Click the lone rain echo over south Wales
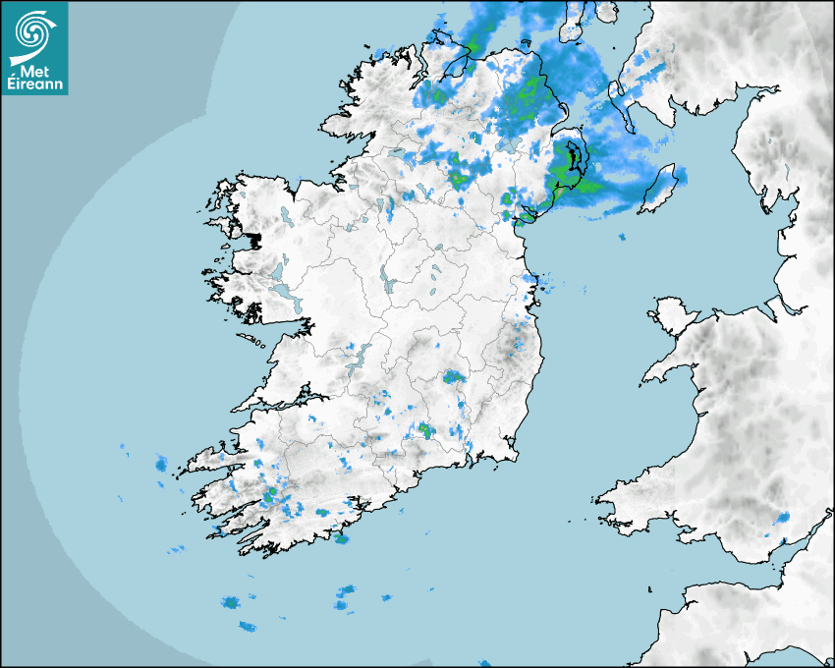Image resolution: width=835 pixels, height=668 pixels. [783, 517]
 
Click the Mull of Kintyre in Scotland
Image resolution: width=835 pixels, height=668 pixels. [571, 29]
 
